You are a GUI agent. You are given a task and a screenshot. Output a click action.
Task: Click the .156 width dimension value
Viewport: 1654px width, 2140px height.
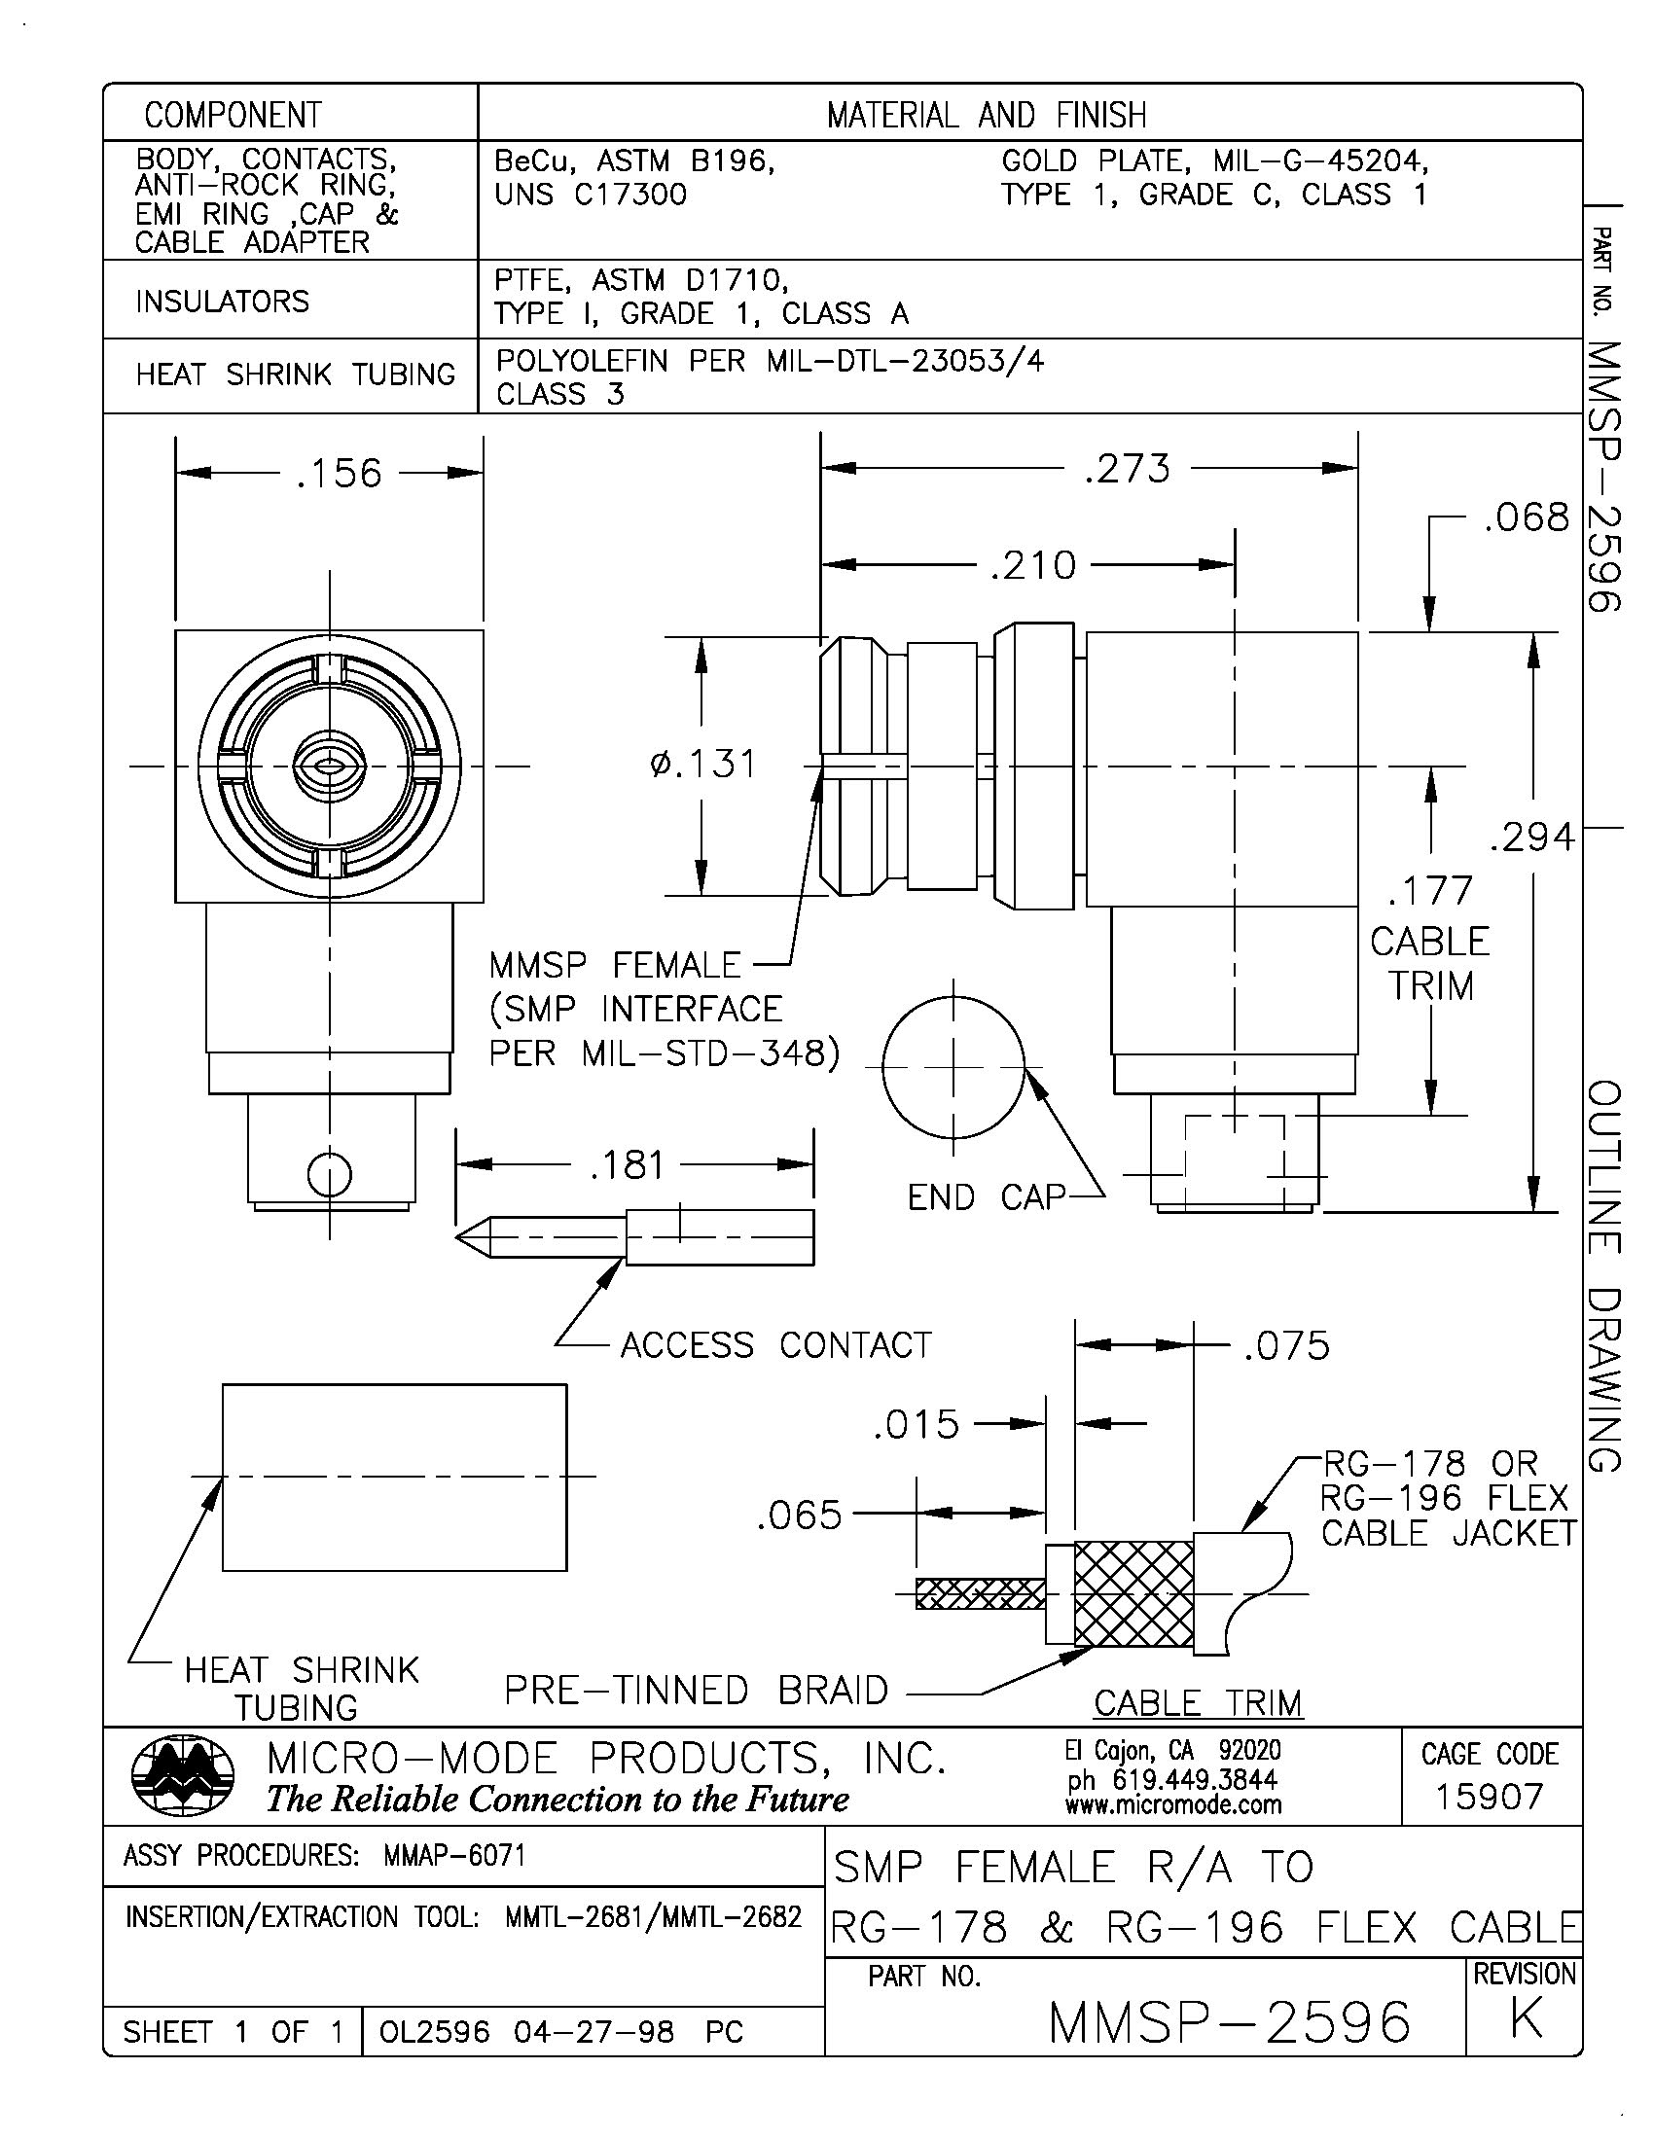338,474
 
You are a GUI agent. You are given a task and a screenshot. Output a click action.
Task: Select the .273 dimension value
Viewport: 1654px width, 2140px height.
1127,469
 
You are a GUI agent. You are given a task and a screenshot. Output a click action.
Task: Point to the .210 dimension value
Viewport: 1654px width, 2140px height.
1032,565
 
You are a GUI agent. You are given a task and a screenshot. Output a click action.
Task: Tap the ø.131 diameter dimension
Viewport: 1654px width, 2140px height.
702,764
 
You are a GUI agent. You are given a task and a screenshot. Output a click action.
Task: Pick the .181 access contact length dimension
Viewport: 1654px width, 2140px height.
628,1165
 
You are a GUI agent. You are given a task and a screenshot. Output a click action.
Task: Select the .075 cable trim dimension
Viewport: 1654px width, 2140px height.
1286,1345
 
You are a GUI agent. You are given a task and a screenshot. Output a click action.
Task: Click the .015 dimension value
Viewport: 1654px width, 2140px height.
917,1424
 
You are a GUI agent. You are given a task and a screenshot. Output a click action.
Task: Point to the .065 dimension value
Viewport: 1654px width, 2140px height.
799,1515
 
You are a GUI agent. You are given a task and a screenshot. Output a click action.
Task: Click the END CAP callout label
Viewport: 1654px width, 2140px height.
986,1196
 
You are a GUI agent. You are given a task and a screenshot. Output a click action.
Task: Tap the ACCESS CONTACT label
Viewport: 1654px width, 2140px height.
776,1345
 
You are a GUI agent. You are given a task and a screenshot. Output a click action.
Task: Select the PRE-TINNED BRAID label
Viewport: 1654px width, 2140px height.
696,1690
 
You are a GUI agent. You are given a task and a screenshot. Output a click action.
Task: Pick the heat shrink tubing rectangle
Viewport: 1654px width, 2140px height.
394,1477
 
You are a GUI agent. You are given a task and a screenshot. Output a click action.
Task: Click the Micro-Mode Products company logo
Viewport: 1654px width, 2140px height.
182,1778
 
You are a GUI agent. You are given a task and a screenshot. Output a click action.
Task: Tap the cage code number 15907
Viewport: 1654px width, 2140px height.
1490,1797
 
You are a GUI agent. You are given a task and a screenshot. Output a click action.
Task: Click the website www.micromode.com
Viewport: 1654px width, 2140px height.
1173,1803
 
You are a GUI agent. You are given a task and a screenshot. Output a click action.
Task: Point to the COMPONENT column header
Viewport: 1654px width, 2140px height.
234,115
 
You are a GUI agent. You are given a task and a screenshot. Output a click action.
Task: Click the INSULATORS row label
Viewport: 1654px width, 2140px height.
223,301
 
